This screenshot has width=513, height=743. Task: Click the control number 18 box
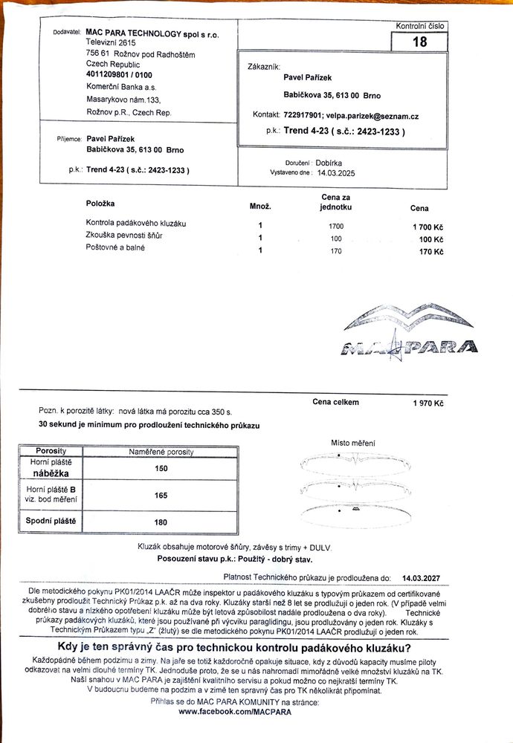pyautogui.click(x=419, y=42)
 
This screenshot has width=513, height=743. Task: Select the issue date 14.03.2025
pyautogui.click(x=337, y=172)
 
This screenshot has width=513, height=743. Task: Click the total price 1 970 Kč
pyautogui.click(x=428, y=403)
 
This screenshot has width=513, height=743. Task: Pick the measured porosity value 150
pyautogui.click(x=161, y=468)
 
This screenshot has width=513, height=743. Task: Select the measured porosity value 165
pyautogui.click(x=161, y=495)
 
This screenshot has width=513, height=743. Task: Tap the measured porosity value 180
pyautogui.click(x=161, y=522)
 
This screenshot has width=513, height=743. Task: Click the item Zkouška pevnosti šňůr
pyautogui.click(x=124, y=236)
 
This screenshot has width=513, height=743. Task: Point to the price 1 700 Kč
pyautogui.click(x=427, y=225)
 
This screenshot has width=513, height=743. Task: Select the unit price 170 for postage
pyautogui.click(x=336, y=251)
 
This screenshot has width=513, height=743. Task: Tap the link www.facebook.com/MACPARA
pyautogui.click(x=235, y=711)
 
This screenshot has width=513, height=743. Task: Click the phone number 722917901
pyautogui.click(x=302, y=115)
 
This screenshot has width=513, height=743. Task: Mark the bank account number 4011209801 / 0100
pyautogui.click(x=119, y=75)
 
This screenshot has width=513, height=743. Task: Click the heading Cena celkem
pyautogui.click(x=335, y=402)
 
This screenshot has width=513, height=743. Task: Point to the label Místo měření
pyautogui.click(x=352, y=443)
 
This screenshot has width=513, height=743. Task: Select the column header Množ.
pyautogui.click(x=259, y=205)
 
